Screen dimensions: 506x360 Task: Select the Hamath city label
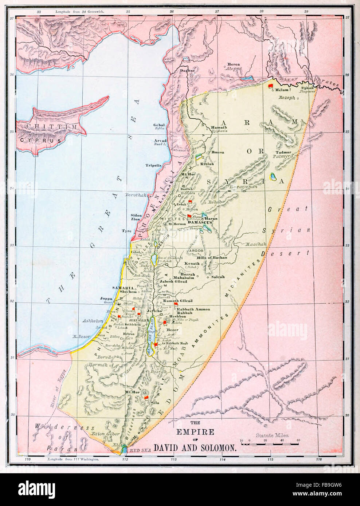coord(219,127)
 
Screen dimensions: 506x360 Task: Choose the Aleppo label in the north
coord(233,68)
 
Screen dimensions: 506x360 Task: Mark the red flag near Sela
coord(146,398)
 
